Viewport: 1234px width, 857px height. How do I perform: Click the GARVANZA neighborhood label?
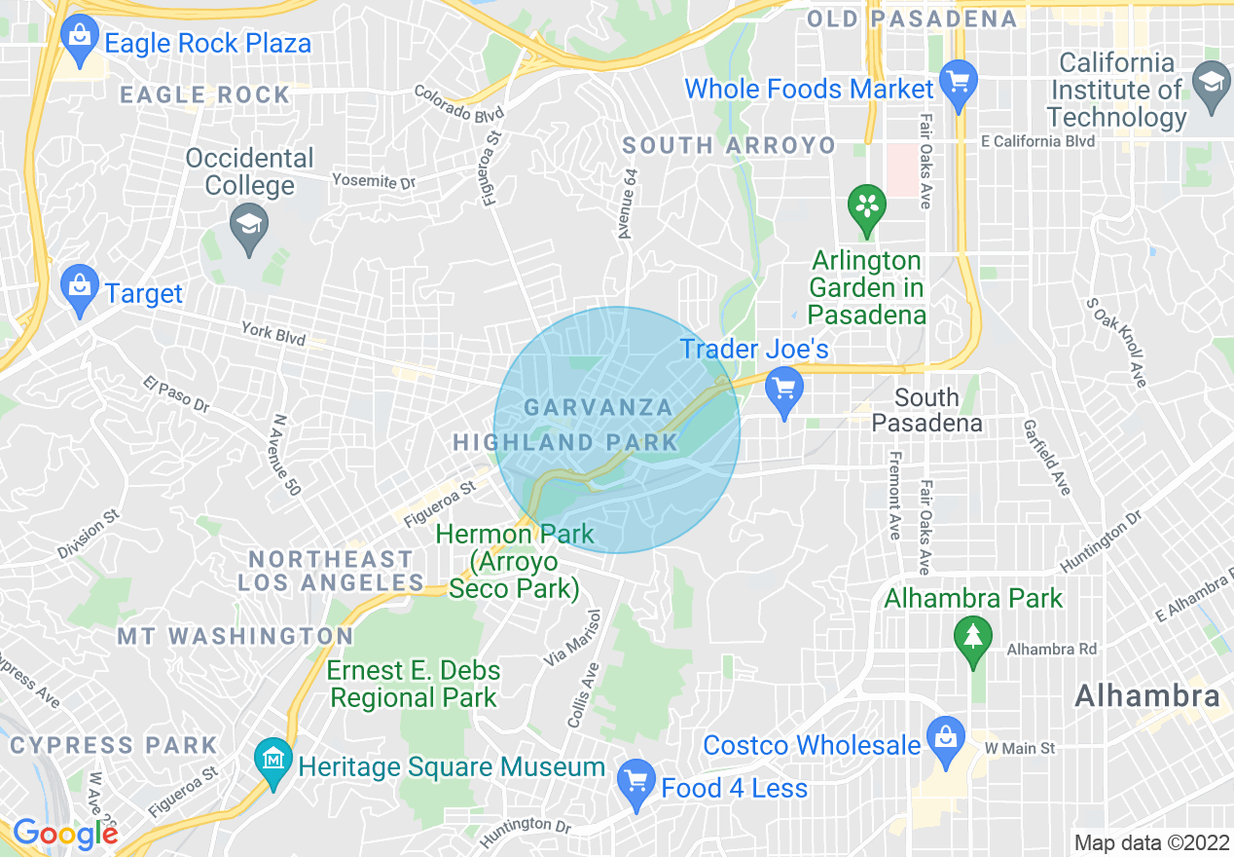coord(599,407)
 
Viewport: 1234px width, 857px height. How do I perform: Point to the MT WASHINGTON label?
coord(236,636)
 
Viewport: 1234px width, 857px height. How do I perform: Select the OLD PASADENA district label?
coord(912,19)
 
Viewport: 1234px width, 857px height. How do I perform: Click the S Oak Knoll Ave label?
coord(1116,343)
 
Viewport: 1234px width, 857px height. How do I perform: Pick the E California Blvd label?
coord(1037,141)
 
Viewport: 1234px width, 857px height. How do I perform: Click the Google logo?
coord(64,833)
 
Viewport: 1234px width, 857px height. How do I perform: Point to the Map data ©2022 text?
coord(1149,842)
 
